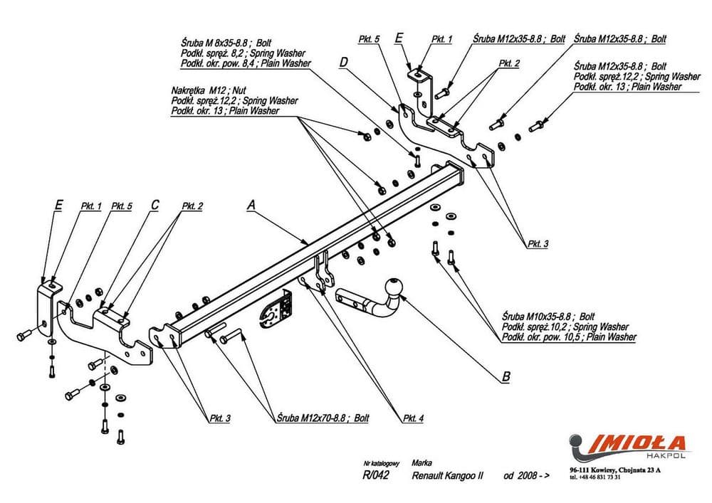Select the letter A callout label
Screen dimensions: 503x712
[x=251, y=205]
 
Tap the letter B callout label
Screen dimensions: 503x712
[x=506, y=378]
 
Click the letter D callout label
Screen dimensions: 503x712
[x=343, y=62]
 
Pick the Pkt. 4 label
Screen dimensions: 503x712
[x=412, y=418]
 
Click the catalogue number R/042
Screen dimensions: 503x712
[x=375, y=475]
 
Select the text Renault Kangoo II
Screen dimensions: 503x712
[x=447, y=475]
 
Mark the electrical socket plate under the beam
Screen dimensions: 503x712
[x=278, y=311]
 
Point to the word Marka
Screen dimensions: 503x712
[x=422, y=462]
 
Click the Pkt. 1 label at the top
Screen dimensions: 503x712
[x=441, y=39]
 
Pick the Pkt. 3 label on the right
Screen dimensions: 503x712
[x=538, y=243]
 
